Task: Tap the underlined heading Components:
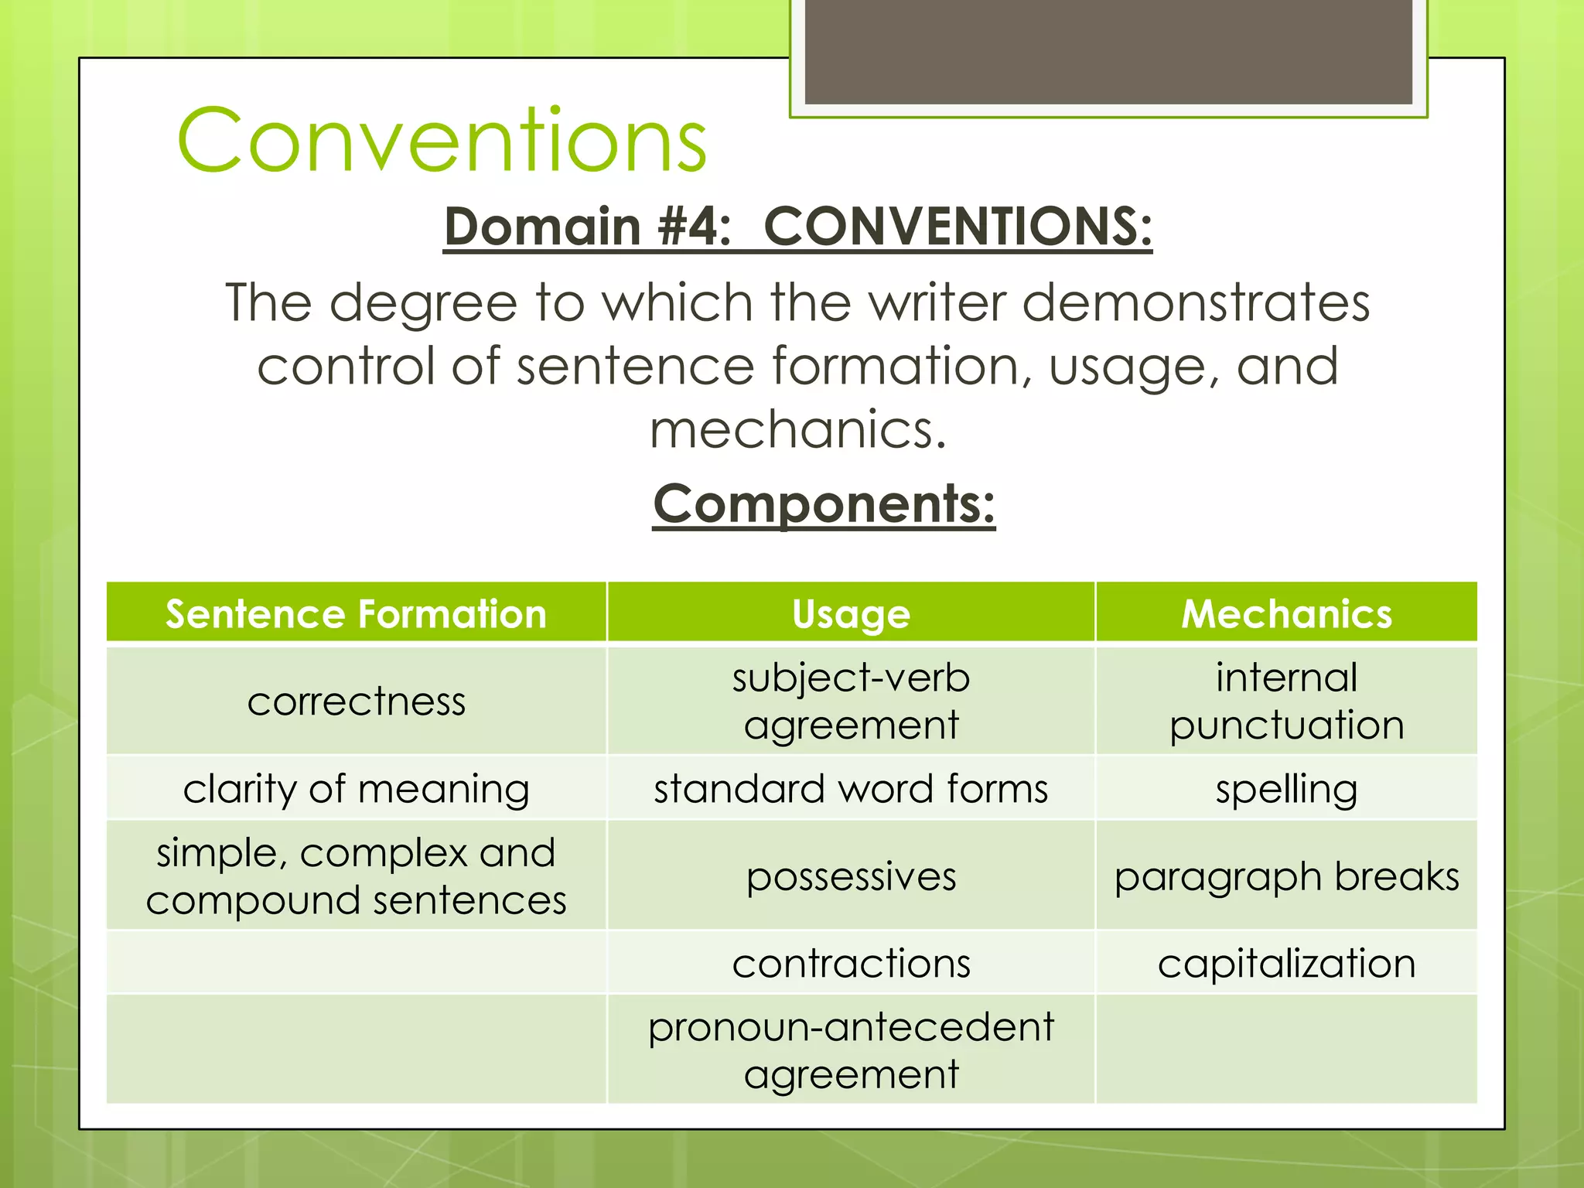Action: click(824, 504)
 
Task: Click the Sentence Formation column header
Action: click(356, 614)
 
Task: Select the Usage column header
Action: click(851, 614)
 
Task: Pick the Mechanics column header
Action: click(1286, 614)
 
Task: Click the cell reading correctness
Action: click(356, 702)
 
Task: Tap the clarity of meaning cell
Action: click(356, 789)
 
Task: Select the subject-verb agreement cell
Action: click(851, 702)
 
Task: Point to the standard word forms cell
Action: click(851, 789)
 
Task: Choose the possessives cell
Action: click(851, 876)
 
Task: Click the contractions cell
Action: click(851, 964)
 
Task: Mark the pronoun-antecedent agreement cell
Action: click(851, 1050)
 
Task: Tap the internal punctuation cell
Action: click(1286, 702)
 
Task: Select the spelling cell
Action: click(1286, 789)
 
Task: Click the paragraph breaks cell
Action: click(1286, 876)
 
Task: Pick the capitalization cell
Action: click(1286, 964)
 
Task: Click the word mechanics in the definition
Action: click(797, 430)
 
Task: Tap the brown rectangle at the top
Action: click(1108, 51)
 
